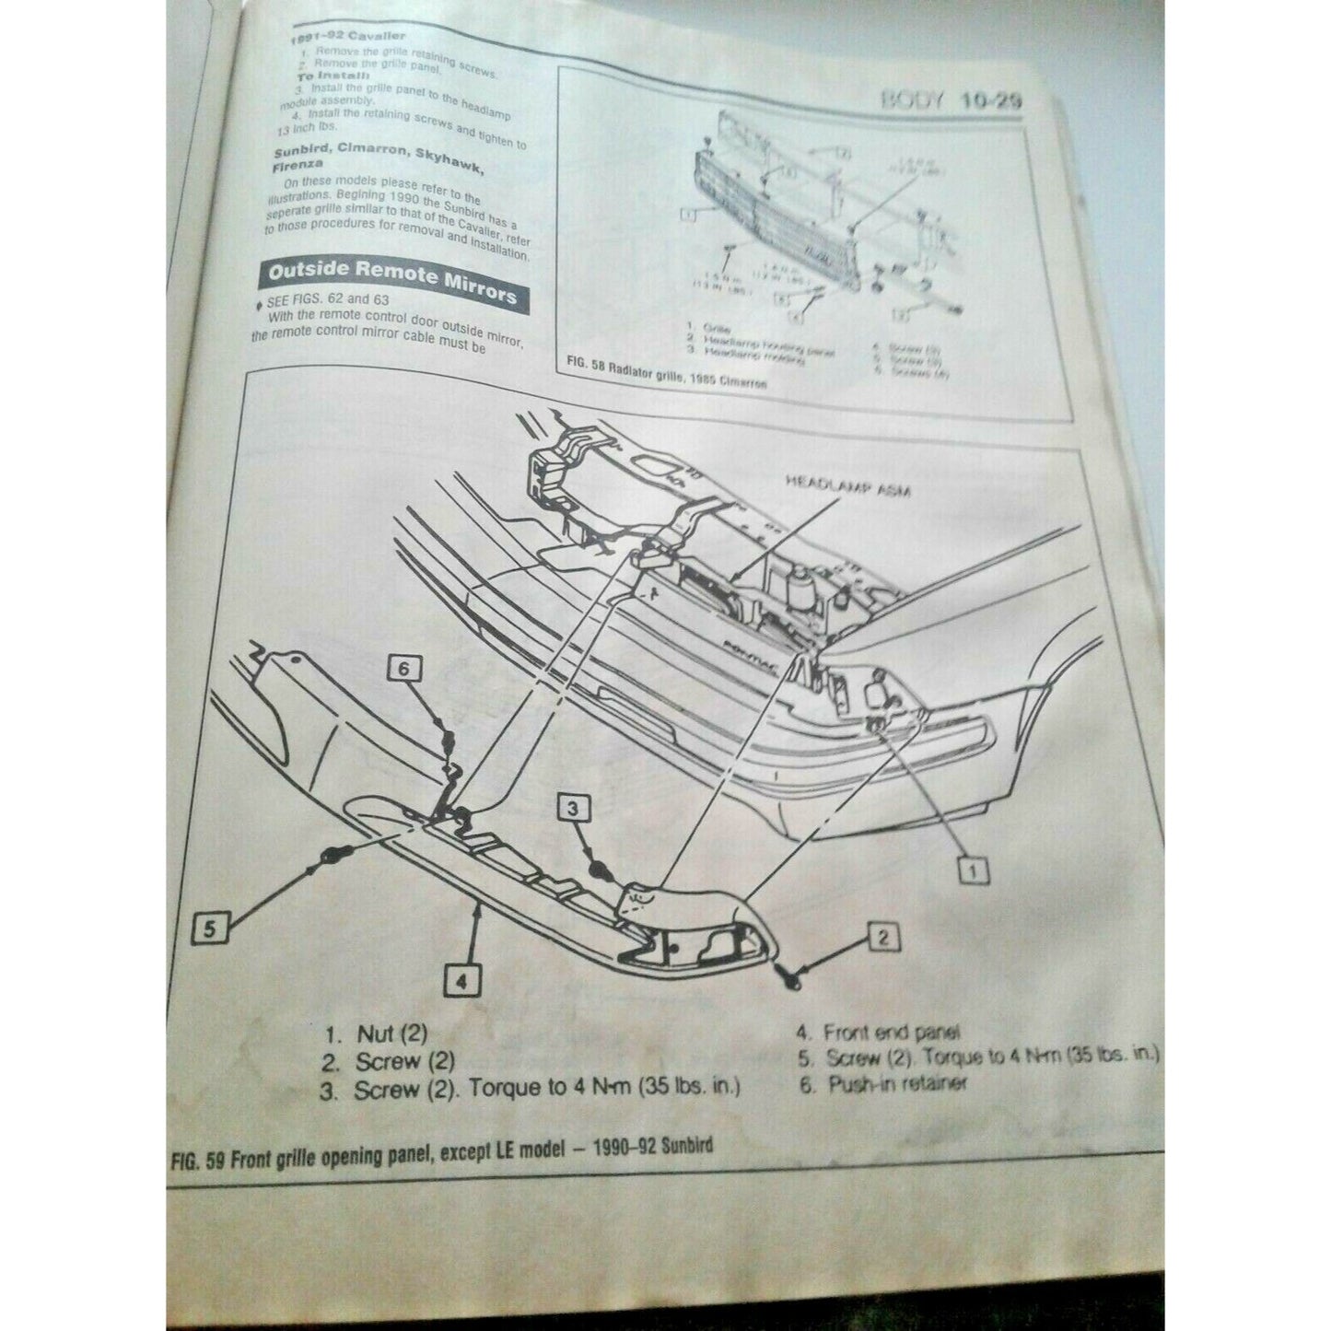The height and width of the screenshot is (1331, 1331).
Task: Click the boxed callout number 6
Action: [x=403, y=670]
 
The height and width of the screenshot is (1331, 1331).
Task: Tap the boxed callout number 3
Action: [x=573, y=809]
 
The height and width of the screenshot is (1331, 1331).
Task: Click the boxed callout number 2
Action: [x=882, y=939]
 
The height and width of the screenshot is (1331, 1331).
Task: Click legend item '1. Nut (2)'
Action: [x=374, y=1035]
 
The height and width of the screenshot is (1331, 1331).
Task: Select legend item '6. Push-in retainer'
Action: [x=883, y=1084]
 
